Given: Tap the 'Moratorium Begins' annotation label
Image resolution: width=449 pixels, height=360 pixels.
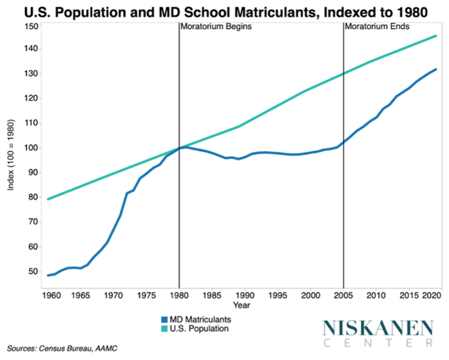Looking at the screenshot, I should point(216,26).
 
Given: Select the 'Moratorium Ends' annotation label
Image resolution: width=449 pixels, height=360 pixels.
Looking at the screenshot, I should point(377,26).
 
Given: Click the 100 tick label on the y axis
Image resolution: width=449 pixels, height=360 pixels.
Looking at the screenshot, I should point(32,148).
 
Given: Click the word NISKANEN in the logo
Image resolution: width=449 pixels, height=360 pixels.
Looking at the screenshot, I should point(377,328).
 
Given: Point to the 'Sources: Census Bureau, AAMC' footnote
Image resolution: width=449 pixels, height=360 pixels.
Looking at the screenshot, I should point(62,349).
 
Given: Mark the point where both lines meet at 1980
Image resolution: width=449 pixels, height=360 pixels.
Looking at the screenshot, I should point(179,148).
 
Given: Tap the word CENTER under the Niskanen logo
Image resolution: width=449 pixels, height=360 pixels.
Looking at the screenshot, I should point(377,343).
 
